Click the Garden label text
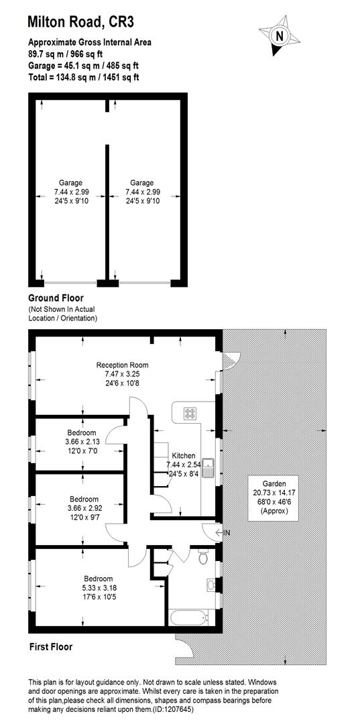[x=274, y=483]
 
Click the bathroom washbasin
[x=213, y=585]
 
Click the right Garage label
[x=141, y=182]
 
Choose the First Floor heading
[x=50, y=647]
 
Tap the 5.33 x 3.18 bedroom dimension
[x=98, y=588]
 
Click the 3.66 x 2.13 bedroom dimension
[x=81, y=442]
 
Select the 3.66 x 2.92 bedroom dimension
[x=84, y=508]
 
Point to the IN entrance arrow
[x=223, y=533]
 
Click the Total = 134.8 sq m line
[x=90, y=77]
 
